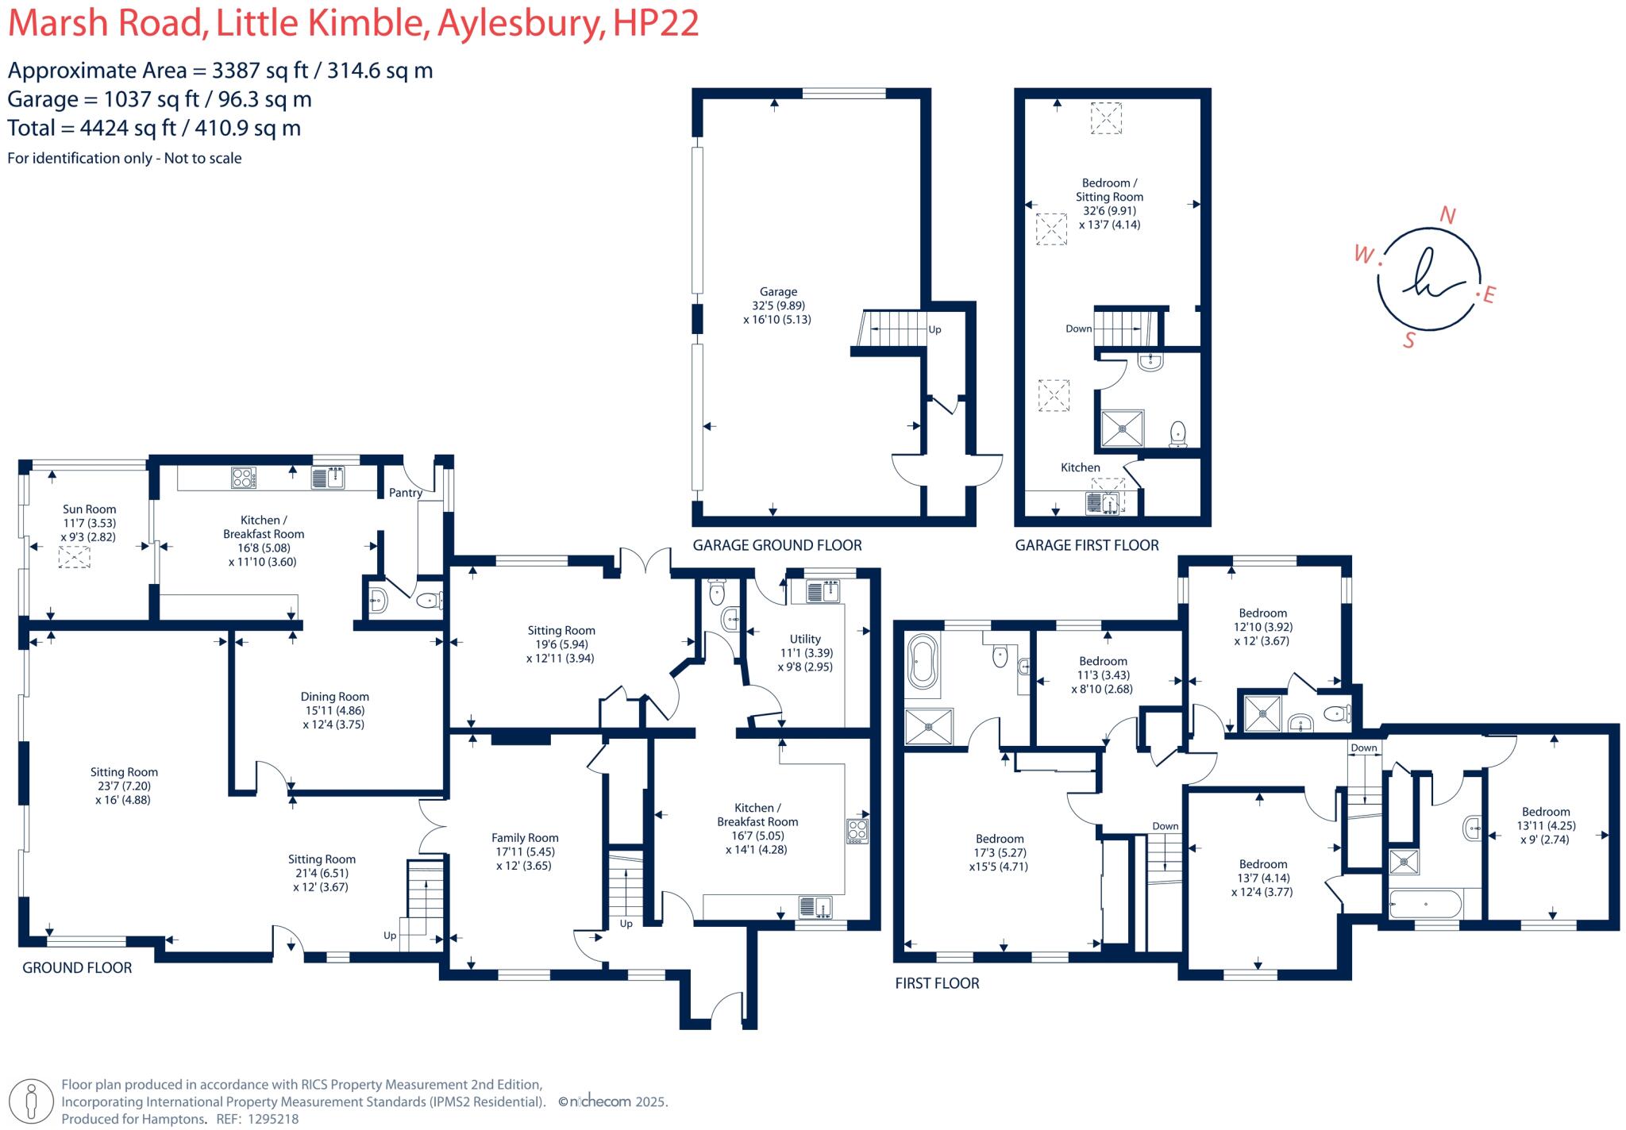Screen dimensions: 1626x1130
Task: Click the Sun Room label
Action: [x=90, y=509]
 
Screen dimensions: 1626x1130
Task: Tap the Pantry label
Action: [x=405, y=493]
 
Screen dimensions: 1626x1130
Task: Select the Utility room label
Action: [x=805, y=639]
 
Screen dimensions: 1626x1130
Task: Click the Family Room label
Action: [x=525, y=838]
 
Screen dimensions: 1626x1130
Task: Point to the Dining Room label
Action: [x=334, y=697]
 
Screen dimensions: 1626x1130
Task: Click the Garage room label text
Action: [x=778, y=292]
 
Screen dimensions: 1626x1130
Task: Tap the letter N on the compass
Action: [x=1447, y=215]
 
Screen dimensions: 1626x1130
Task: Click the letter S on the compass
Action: [x=1409, y=340]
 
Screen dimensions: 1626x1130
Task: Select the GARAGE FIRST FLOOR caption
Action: [x=1087, y=545]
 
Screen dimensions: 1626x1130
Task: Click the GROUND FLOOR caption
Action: [x=77, y=967]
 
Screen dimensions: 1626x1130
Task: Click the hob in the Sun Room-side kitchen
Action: [x=244, y=478]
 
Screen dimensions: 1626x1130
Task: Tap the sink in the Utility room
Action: [x=823, y=591]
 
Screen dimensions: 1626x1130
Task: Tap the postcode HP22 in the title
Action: [x=656, y=23]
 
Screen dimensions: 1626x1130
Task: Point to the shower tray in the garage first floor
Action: [x=1123, y=429]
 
